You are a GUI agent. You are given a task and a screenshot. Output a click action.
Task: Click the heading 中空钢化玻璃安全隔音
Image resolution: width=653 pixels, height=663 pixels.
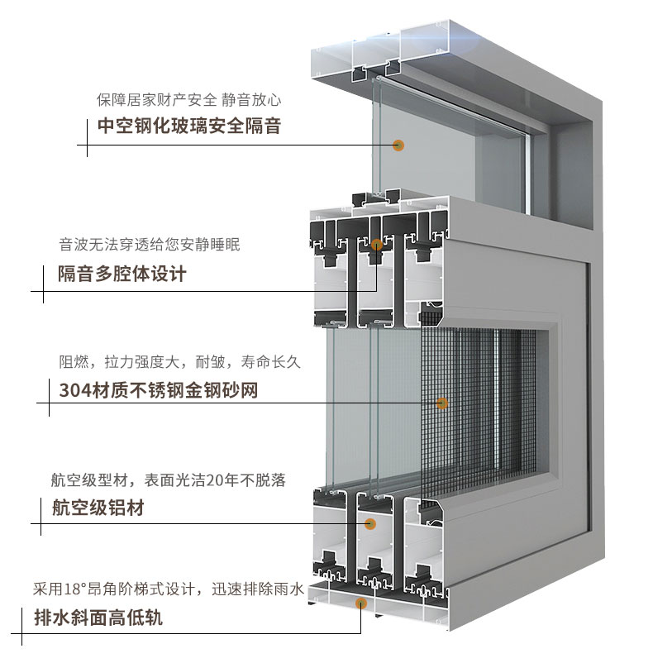pyautogui.click(x=189, y=126)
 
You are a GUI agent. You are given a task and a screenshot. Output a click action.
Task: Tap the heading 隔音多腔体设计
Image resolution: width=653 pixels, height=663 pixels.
pyautogui.click(x=122, y=274)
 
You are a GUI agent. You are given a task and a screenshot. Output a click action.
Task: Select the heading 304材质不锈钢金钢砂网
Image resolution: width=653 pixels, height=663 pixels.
pyautogui.click(x=158, y=389)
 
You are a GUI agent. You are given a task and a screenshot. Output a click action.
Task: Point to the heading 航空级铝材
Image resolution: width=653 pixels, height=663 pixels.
pyautogui.click(x=98, y=508)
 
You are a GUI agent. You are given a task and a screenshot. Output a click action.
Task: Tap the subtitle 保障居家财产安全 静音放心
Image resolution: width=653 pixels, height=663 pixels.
pyautogui.click(x=189, y=101)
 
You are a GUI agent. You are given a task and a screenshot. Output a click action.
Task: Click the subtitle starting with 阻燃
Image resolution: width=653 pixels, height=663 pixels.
pyautogui.click(x=179, y=361)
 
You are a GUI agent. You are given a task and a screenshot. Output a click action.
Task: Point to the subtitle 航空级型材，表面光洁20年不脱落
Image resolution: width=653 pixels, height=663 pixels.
pyautogui.click(x=169, y=480)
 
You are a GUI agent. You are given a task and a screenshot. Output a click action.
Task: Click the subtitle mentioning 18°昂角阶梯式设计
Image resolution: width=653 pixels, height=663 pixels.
pyautogui.click(x=169, y=589)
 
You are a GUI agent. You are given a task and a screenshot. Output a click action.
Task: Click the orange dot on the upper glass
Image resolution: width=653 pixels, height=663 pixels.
pyautogui.click(x=398, y=145)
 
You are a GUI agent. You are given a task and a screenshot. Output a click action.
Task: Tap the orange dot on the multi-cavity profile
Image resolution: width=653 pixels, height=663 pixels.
pyautogui.click(x=377, y=245)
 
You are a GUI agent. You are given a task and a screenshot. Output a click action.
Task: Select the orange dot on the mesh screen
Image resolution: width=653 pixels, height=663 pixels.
pyautogui.click(x=441, y=403)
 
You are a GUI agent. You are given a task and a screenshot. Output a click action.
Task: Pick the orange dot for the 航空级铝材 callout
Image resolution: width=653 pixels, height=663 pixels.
pyautogui.click(x=369, y=523)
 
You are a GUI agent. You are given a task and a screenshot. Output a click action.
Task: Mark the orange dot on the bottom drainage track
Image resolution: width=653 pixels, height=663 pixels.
pyautogui.click(x=360, y=603)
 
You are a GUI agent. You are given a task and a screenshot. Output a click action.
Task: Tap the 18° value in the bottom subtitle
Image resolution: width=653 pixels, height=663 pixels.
pyautogui.click(x=77, y=589)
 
